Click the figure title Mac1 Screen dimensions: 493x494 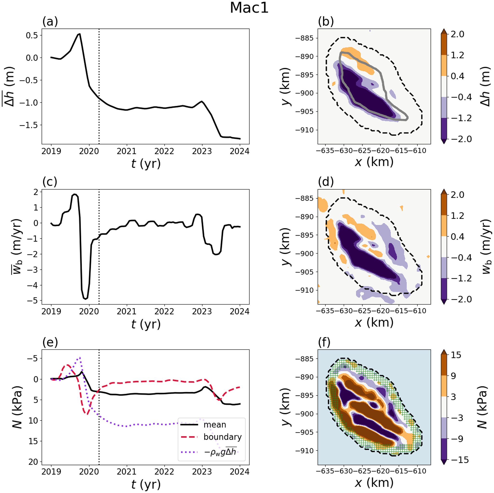(x=249, y=8)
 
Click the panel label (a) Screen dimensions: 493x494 (x=50, y=22)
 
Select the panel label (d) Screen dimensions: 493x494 (x=326, y=182)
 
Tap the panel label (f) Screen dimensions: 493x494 (x=325, y=342)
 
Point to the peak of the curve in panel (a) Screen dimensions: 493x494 (x=80, y=34)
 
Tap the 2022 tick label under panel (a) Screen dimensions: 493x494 (x=164, y=151)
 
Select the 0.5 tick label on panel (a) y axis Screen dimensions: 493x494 (x=32, y=35)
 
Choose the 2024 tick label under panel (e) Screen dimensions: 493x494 (x=239, y=472)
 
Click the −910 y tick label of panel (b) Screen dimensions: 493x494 (x=304, y=130)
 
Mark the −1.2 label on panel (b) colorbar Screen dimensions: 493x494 (x=461, y=118)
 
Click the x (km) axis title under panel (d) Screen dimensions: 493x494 (x=374, y=323)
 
